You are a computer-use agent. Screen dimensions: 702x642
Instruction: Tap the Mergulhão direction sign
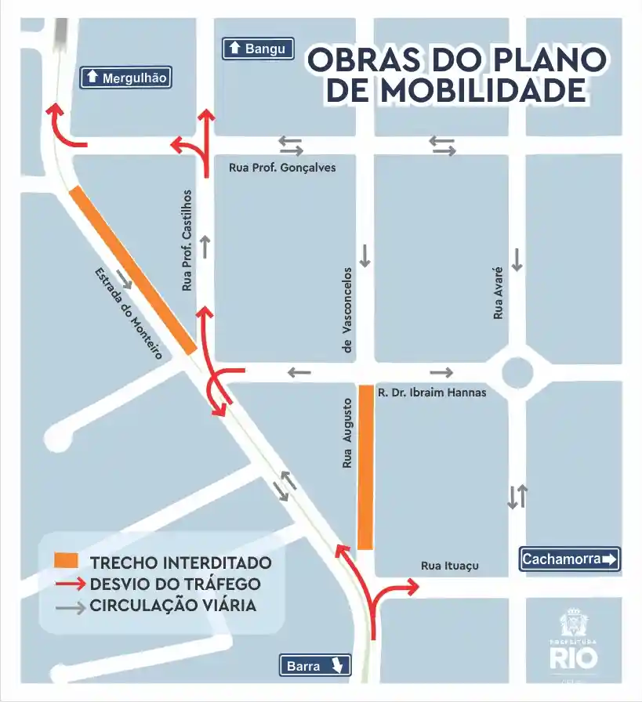point(126,77)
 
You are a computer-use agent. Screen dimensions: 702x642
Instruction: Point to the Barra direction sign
point(315,666)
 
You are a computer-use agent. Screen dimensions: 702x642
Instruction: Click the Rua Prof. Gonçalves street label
point(282,167)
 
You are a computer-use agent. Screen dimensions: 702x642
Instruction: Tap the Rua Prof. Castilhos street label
point(187,241)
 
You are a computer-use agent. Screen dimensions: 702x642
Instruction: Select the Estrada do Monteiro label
point(128,313)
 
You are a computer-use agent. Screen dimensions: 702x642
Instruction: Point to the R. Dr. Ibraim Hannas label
point(431,393)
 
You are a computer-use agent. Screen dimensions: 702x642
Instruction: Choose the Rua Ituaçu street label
point(449,566)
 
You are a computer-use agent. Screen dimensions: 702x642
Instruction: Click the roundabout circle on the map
point(517,372)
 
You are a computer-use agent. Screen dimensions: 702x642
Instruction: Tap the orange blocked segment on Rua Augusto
point(365,467)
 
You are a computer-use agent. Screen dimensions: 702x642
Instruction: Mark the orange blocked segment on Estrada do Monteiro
point(133,270)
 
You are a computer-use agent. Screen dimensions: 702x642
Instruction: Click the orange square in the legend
point(67,562)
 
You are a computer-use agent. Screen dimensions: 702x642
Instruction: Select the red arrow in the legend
point(69,584)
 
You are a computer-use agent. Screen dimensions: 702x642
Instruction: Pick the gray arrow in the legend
point(69,606)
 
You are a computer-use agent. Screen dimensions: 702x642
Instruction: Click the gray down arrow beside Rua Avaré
point(517,259)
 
